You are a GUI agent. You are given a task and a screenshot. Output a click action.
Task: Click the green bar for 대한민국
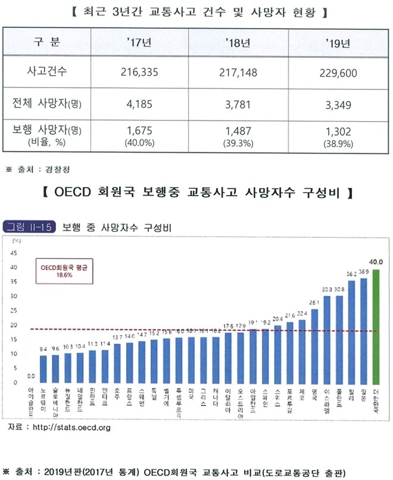click(376, 326)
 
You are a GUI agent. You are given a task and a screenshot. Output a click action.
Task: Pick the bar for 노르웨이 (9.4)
click(42, 369)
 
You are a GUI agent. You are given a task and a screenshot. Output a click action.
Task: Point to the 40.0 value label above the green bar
click(376, 262)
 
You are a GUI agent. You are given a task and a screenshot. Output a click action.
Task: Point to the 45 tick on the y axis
click(14, 253)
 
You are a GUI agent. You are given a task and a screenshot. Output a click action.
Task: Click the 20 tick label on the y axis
click(14, 325)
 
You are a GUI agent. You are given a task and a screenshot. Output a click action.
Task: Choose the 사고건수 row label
click(48, 72)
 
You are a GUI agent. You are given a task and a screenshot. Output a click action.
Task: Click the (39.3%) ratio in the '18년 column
click(238, 144)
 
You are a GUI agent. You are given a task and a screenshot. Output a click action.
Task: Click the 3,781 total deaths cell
click(238, 105)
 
